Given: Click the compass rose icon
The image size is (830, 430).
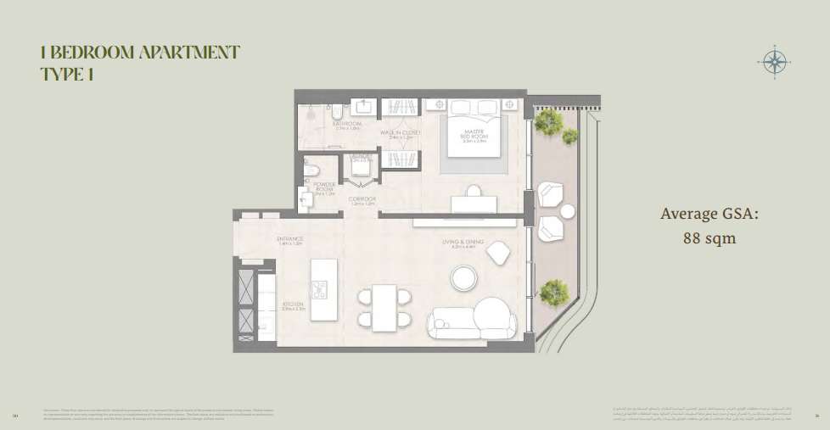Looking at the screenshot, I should [773, 61].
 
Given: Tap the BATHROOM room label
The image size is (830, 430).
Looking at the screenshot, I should [348, 124].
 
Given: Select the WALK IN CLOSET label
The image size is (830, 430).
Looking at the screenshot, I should [400, 132].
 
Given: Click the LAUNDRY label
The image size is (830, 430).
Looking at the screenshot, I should [361, 159].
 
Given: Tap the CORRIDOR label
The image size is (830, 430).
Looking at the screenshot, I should [362, 201].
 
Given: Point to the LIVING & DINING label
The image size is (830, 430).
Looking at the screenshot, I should [462, 243].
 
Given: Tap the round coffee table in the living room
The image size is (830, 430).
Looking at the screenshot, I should [463, 277].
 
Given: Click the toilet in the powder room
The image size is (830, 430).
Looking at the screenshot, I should [311, 168].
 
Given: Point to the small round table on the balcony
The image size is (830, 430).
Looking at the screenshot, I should [567, 211].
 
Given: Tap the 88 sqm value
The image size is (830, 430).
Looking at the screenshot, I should [709, 238].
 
